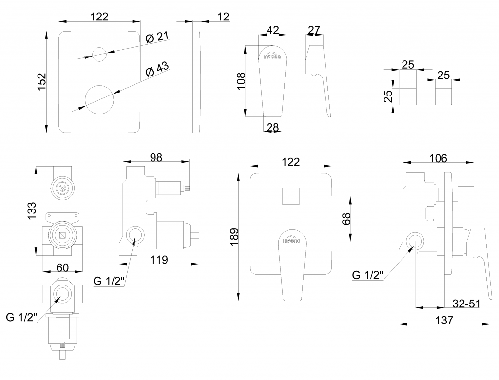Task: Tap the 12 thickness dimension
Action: click(223, 17)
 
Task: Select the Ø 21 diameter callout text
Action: click(157, 37)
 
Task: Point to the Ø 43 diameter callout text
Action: click(157, 69)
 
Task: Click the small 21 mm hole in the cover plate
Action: click(99, 54)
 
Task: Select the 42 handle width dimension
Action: click(273, 30)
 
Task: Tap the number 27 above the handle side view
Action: click(314, 30)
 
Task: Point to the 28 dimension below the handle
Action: click(273, 128)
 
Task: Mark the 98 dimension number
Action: click(156, 157)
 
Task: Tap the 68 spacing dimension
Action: click(346, 219)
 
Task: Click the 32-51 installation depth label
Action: click(467, 304)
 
